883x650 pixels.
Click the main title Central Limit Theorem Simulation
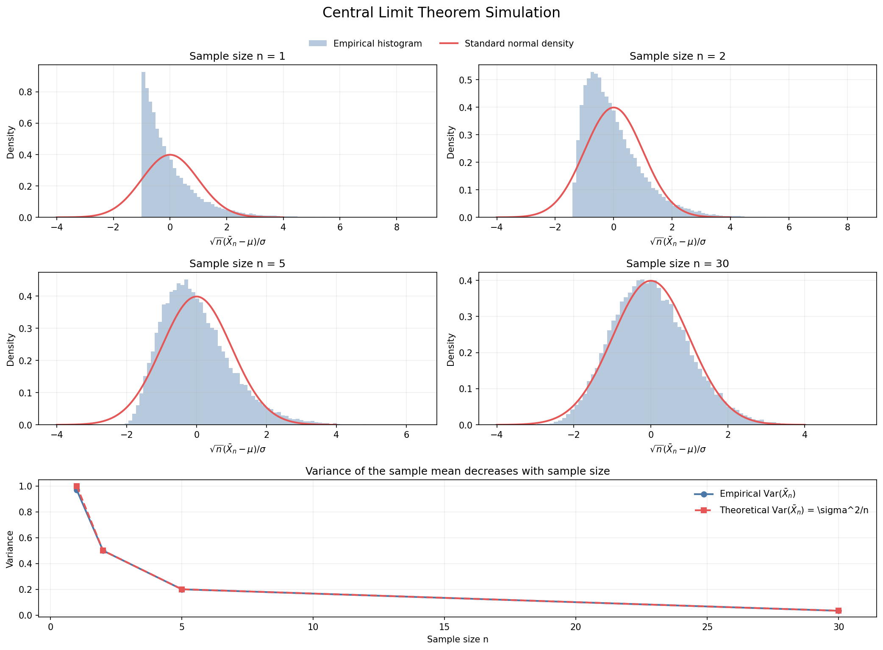[x=441, y=13]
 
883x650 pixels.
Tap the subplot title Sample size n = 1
[x=237, y=56]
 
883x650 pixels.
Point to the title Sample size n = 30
[x=677, y=264]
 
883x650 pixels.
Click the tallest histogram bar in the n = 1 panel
[x=143, y=144]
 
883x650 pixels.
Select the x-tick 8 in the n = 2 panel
[x=847, y=227]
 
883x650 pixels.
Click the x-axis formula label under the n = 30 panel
[x=677, y=449]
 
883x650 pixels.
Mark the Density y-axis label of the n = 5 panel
[x=11, y=349]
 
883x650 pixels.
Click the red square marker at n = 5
[x=182, y=589]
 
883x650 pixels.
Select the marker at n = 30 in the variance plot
[x=838, y=611]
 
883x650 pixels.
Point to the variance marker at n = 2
[x=103, y=550]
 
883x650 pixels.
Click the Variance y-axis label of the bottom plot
[x=10, y=549]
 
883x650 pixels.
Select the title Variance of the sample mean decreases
[x=457, y=471]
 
